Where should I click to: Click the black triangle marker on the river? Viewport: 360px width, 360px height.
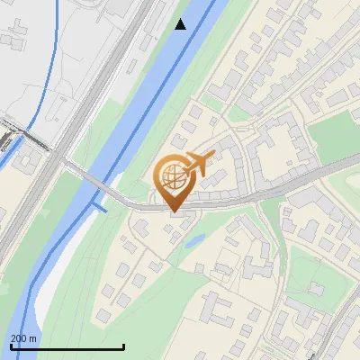[181, 24]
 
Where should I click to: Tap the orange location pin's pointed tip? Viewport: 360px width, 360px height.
[173, 211]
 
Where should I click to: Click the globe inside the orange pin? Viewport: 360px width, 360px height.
[173, 175]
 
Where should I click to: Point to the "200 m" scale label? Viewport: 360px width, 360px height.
[23, 338]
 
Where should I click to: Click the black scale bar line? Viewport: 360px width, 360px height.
[67, 346]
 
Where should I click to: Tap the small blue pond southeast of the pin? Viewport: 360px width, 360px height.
[194, 240]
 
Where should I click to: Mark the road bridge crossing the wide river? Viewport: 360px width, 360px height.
[104, 187]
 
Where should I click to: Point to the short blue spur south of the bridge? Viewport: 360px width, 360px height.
[97, 207]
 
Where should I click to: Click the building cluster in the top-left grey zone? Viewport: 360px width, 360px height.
[18, 40]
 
